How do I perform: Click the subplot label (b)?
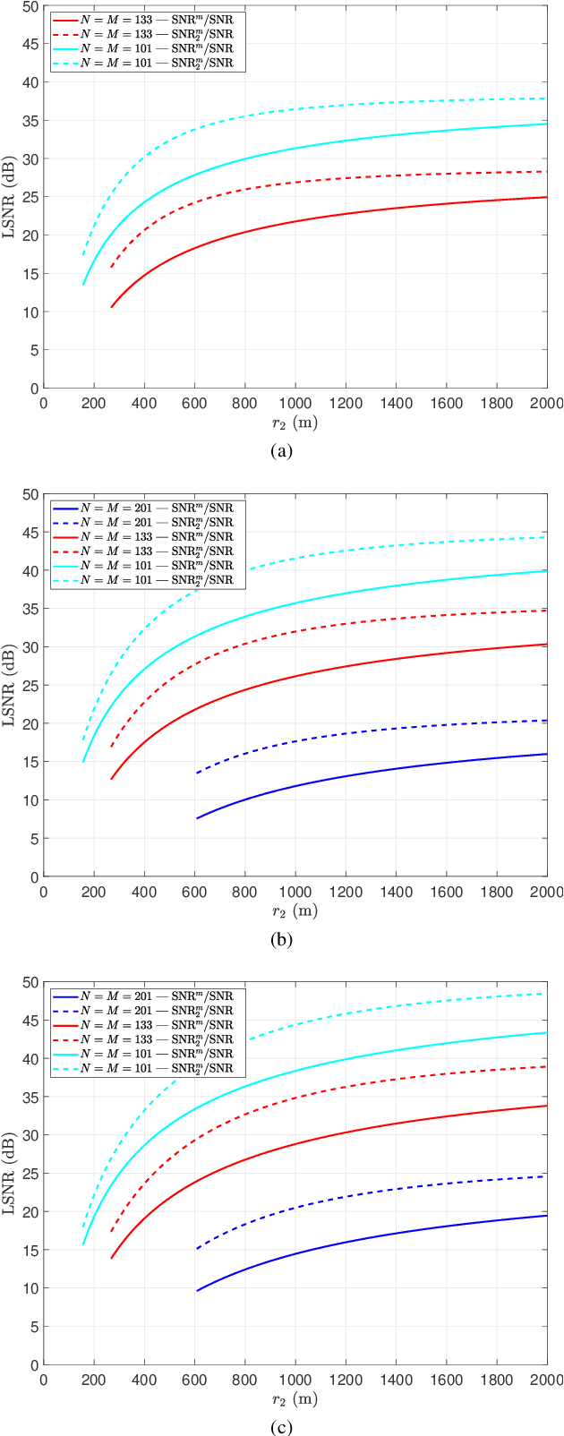(x=281, y=940)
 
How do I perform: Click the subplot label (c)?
(x=281, y=1428)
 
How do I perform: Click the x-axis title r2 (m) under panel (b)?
(x=295, y=911)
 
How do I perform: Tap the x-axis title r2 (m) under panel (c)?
(x=295, y=1399)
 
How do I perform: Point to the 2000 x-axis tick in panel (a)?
(x=546, y=403)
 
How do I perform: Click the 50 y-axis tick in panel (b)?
(x=32, y=494)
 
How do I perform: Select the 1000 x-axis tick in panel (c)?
(x=295, y=1380)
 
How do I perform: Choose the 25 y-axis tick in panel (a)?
(x=32, y=197)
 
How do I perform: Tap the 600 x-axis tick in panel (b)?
(x=194, y=892)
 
